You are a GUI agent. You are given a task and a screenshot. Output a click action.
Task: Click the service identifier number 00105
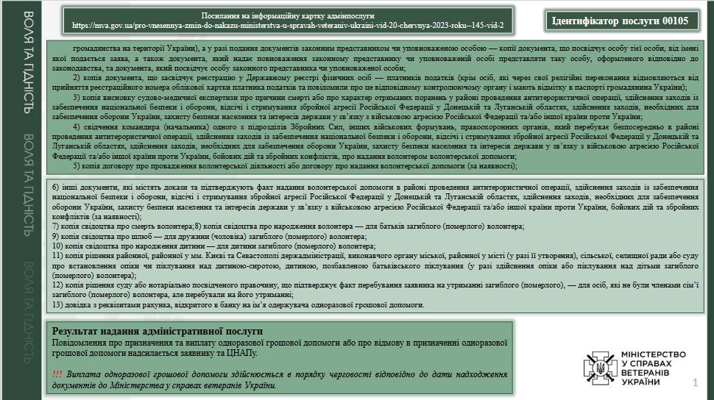[x=674, y=21]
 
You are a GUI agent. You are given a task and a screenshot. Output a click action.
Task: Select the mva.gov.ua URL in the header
[x=288, y=25]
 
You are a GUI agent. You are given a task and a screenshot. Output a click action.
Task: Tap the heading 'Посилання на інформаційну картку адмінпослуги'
[x=288, y=15]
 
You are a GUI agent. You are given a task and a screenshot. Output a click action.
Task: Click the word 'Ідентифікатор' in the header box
[x=587, y=21]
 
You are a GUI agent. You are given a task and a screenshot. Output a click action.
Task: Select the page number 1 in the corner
[x=695, y=383]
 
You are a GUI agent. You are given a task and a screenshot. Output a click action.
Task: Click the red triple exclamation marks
[x=57, y=374]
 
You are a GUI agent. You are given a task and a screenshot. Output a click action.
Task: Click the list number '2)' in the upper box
[x=77, y=77]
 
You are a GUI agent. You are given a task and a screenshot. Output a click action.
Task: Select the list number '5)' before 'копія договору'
[x=77, y=166]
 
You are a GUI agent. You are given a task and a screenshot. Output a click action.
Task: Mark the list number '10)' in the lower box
[x=59, y=246]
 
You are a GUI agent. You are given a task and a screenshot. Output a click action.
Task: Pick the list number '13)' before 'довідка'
[x=59, y=304]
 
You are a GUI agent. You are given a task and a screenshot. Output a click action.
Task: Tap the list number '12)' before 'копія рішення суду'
[x=59, y=285]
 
